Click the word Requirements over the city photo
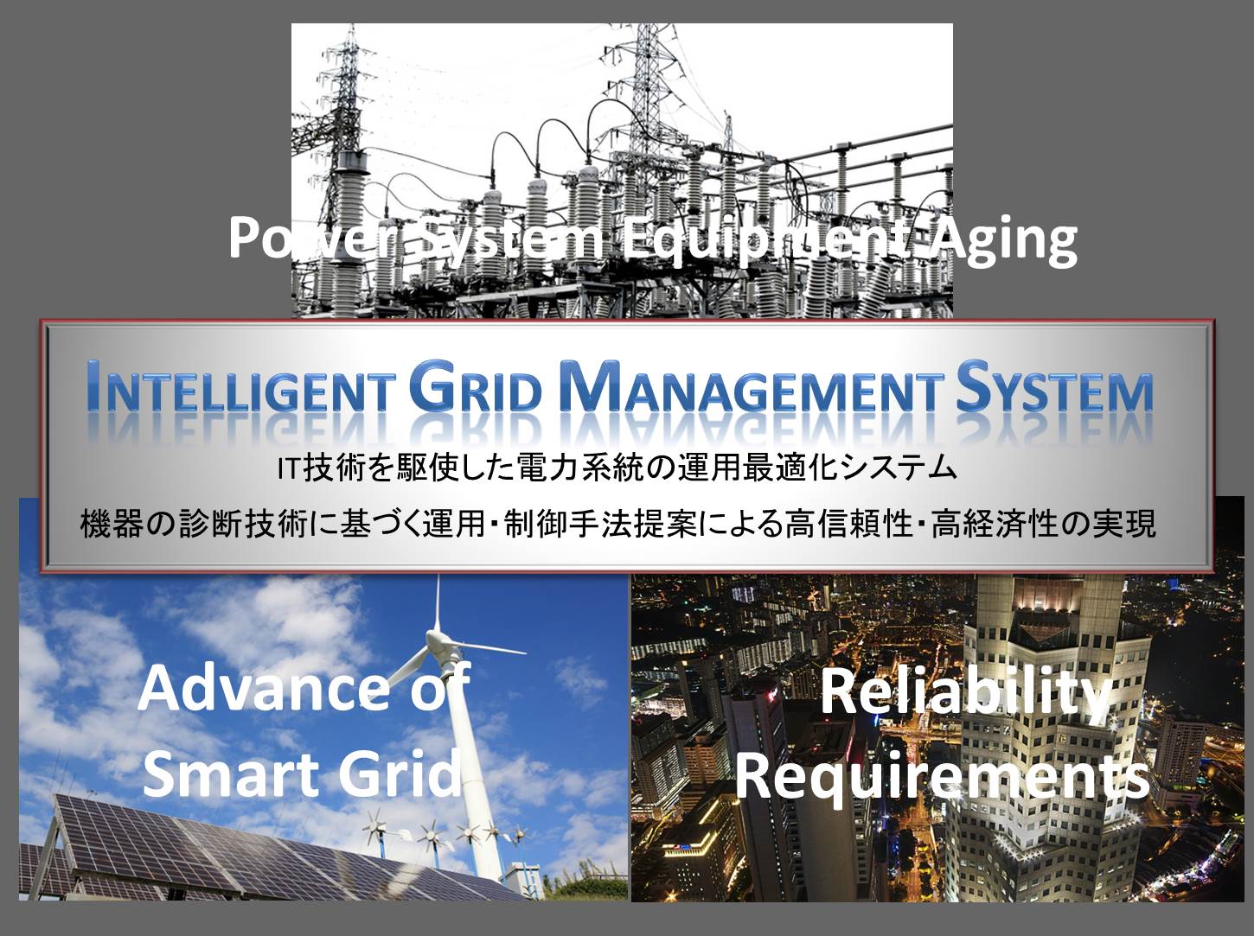click(942, 776)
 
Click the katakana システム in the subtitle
click(898, 469)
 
